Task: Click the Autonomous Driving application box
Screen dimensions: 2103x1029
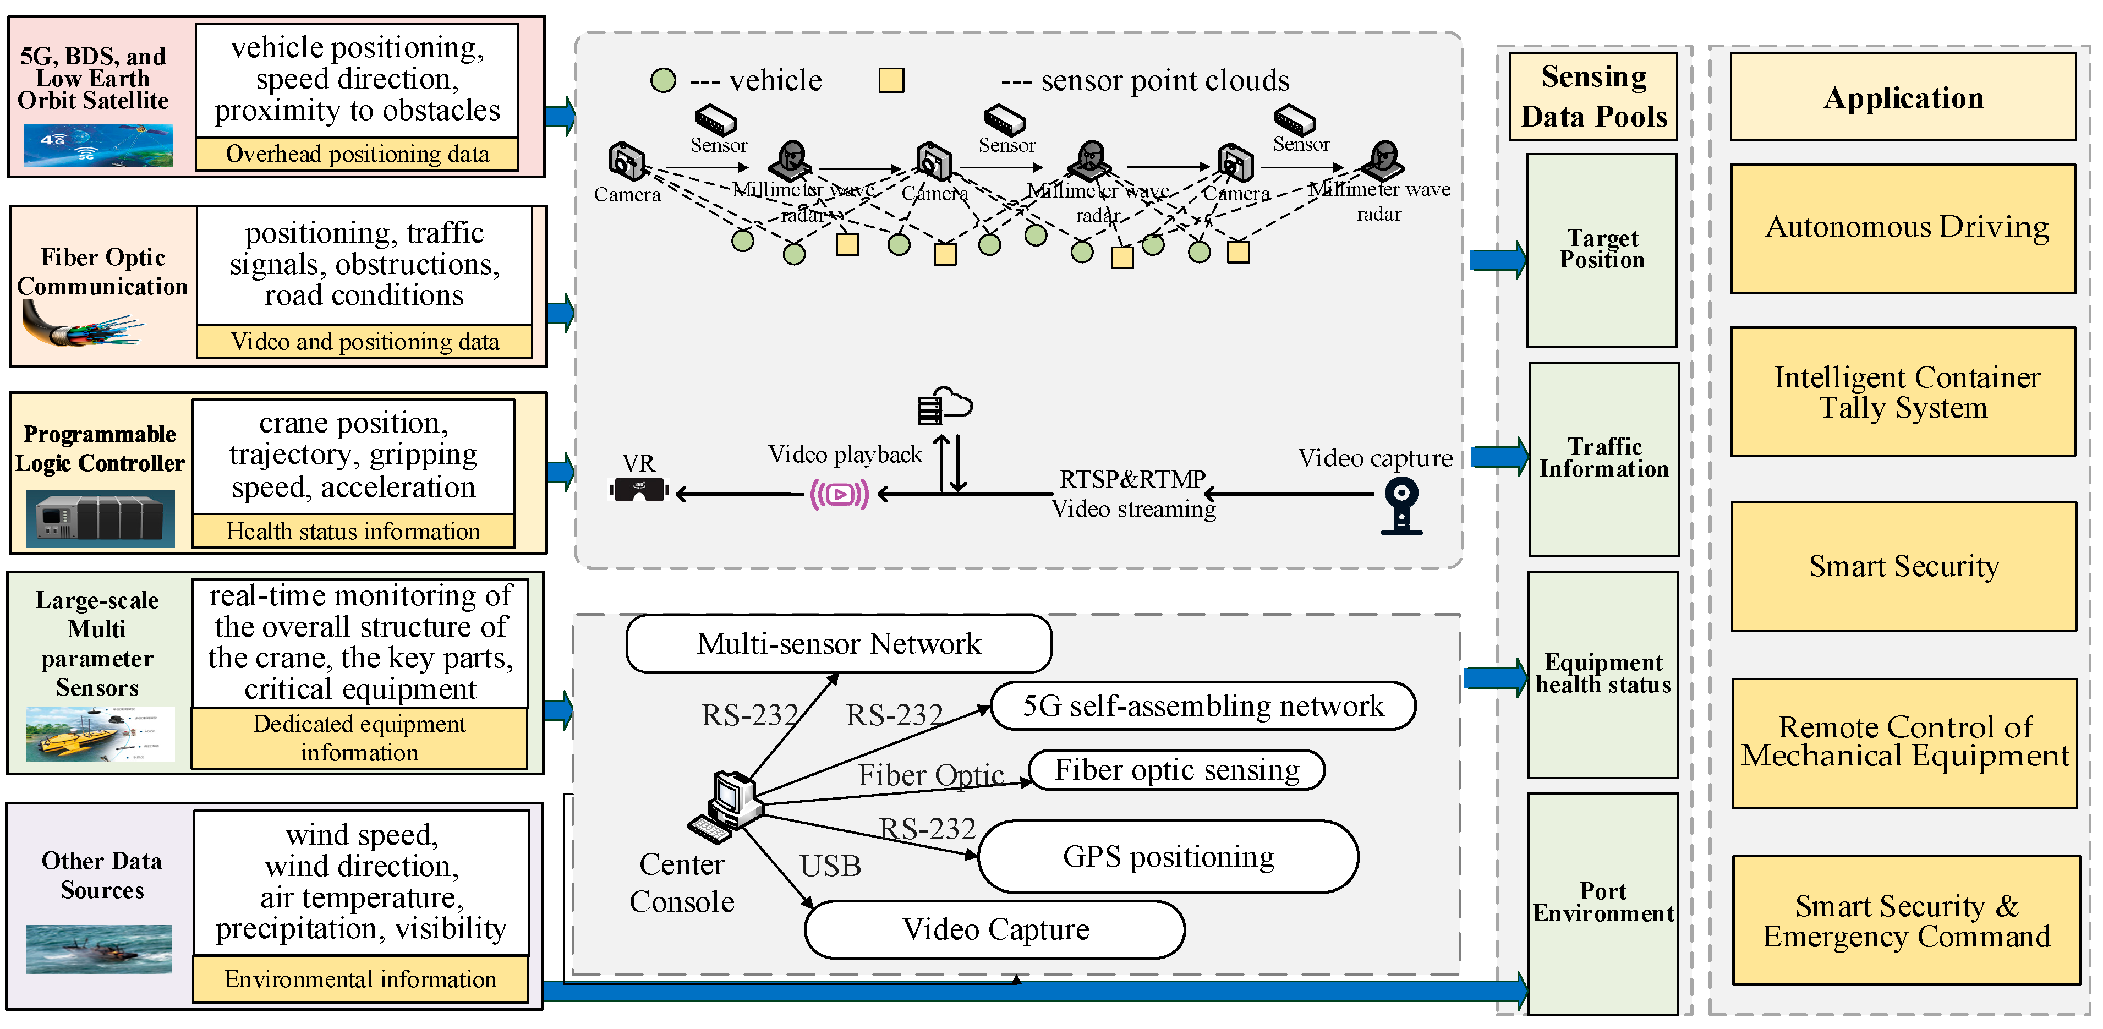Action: (1903, 229)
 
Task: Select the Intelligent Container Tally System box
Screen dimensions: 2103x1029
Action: (1903, 392)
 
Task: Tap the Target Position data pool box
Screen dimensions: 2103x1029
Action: (1602, 250)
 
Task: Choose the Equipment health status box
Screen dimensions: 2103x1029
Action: (1602, 675)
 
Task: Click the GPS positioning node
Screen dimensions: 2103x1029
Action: (1168, 857)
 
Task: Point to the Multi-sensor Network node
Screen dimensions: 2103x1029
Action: (839, 643)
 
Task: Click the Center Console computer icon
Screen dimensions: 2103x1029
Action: (725, 806)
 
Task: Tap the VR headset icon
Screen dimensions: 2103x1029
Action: (639, 490)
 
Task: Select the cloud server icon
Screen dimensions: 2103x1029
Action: (945, 406)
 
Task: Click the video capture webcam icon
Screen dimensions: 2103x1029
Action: (1402, 506)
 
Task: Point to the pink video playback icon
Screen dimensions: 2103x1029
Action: (839, 495)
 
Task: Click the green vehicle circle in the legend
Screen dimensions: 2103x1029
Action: (663, 80)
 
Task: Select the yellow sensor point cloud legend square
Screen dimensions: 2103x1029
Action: (891, 80)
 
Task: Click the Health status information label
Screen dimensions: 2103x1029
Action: (353, 532)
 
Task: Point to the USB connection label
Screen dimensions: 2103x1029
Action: (830, 866)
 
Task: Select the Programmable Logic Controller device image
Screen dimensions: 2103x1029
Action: (100, 518)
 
